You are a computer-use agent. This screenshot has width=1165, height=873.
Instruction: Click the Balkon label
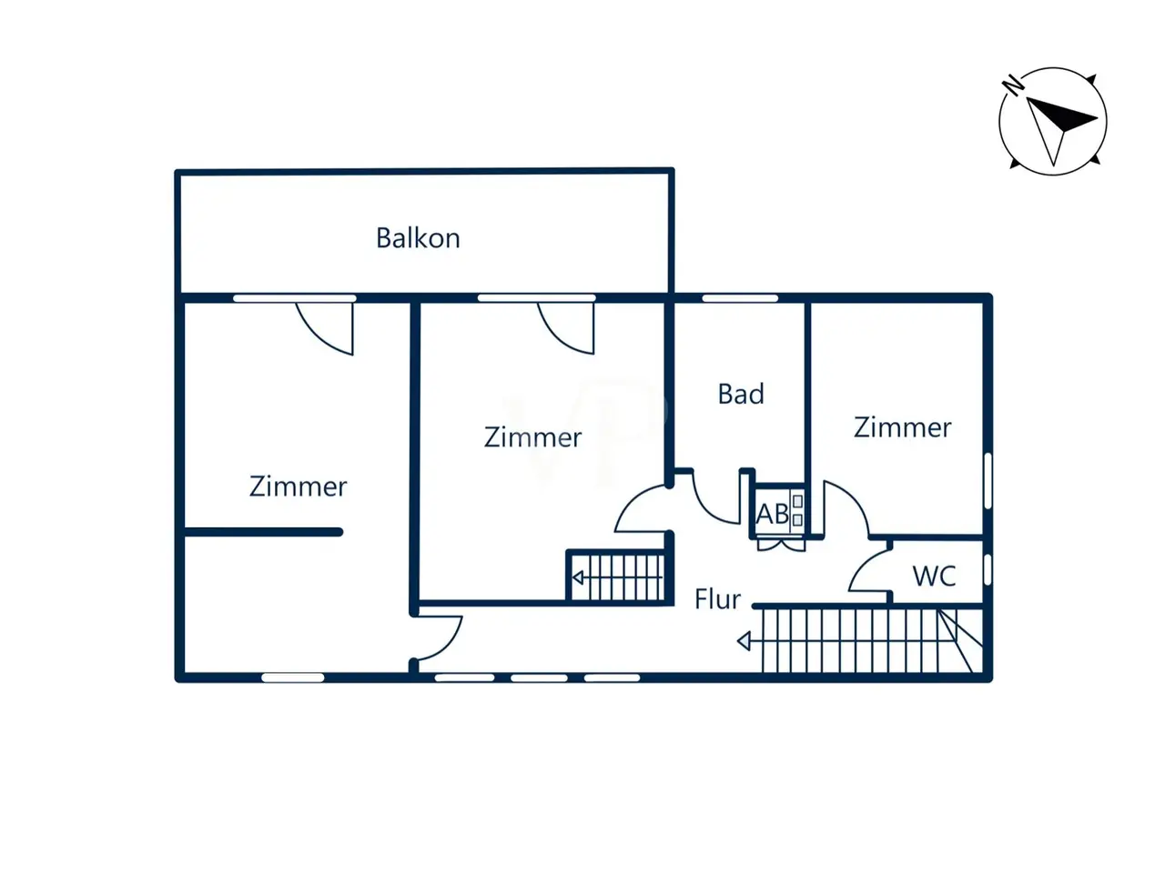point(418,238)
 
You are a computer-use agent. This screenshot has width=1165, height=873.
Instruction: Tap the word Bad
point(741,394)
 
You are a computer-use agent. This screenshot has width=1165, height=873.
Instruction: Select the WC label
point(934,576)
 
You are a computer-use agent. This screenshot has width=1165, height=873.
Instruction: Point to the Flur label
point(717,599)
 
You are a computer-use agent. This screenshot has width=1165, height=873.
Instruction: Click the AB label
point(773,514)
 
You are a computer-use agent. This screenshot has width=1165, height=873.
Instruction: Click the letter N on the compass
point(1013,85)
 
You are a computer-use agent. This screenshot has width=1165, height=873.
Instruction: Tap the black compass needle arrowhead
point(1060,115)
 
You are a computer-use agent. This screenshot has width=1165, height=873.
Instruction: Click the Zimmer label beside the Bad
point(902,427)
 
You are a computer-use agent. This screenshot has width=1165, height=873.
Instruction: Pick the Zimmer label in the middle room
point(532,437)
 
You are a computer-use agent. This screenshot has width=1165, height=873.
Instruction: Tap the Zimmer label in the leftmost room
point(298,486)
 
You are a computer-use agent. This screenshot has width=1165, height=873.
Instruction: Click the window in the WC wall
point(988,570)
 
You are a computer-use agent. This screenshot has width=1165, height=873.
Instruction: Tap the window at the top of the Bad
point(740,298)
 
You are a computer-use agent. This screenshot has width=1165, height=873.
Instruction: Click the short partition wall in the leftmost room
point(264,532)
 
